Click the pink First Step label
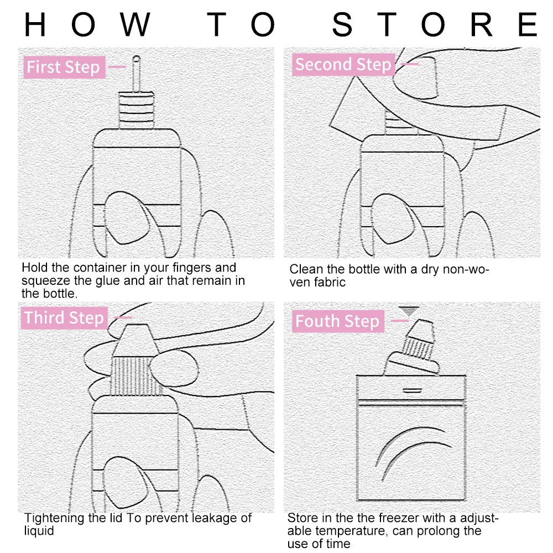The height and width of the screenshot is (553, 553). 64,67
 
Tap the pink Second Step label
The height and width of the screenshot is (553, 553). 343,65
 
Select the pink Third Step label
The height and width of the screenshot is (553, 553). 64,318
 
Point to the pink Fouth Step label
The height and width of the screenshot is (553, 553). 338,321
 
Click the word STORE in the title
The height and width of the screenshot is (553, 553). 435,24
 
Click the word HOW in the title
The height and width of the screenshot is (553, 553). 87,24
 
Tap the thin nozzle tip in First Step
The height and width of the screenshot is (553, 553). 136,74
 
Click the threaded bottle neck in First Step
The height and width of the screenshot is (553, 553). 136,111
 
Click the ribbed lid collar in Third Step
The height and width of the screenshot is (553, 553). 135,376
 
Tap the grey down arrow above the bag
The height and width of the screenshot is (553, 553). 409,311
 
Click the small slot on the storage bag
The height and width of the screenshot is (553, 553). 413,390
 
